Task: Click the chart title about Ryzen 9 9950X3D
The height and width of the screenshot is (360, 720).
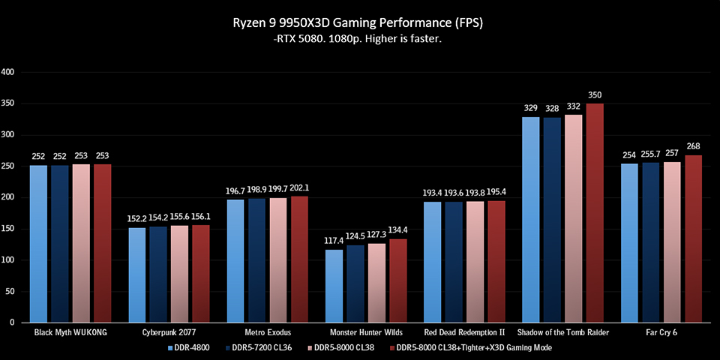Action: click(359, 22)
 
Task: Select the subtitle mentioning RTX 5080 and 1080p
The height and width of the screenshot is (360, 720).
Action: click(359, 40)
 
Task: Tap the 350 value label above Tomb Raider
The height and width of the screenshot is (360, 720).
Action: click(595, 95)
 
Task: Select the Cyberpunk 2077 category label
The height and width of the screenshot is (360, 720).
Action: click(169, 332)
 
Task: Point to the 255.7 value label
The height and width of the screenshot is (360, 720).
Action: click(650, 154)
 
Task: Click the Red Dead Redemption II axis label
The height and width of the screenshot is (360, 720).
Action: click(464, 332)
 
